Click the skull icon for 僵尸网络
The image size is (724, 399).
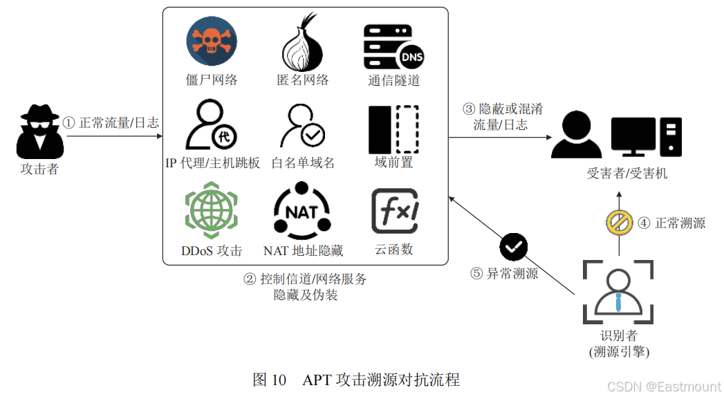[x=212, y=41]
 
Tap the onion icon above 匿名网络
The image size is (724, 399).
[x=303, y=41]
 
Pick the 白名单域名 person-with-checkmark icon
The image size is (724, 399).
[x=303, y=126]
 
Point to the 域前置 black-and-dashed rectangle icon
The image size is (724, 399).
[x=393, y=129]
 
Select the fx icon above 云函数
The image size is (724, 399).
[x=395, y=211]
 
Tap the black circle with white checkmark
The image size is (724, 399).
[x=514, y=245]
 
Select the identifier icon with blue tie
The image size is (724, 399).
[x=618, y=291]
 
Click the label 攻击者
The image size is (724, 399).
[x=40, y=169]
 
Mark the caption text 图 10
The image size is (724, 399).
[x=269, y=380]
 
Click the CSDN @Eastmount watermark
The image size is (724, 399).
[x=664, y=387]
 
